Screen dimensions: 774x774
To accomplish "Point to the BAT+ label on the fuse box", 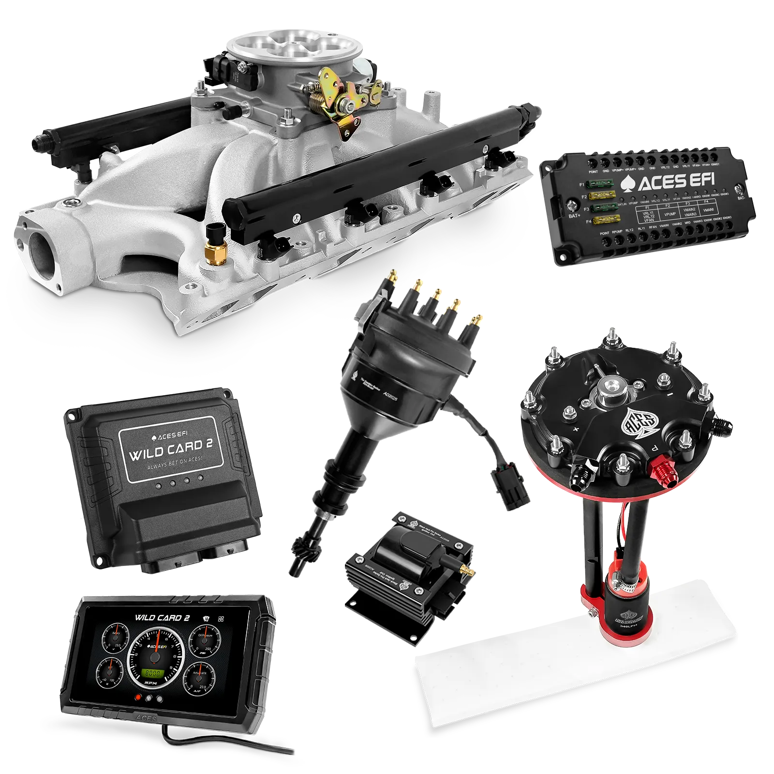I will coord(574,216).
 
